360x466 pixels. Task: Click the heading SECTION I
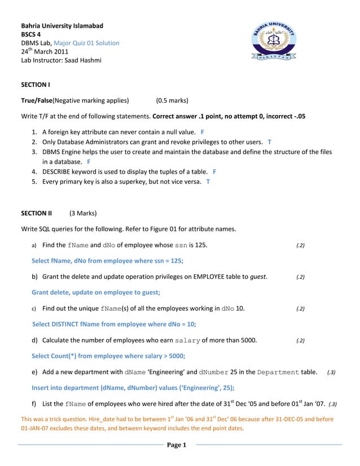click(x=36, y=85)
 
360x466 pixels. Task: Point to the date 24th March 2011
click(x=45, y=52)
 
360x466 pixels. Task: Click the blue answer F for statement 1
click(x=202, y=132)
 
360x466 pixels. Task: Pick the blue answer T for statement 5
click(x=208, y=182)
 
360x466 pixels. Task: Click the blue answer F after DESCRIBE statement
click(x=214, y=172)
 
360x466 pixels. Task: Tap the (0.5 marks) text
click(x=172, y=101)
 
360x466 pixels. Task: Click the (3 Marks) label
click(x=83, y=213)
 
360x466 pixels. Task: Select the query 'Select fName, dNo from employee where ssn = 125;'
click(x=107, y=261)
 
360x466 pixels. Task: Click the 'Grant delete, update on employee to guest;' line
click(x=96, y=292)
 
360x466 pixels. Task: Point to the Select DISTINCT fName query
click(x=114, y=324)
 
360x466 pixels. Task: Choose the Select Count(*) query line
click(x=108, y=356)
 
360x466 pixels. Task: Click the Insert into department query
click(x=133, y=388)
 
